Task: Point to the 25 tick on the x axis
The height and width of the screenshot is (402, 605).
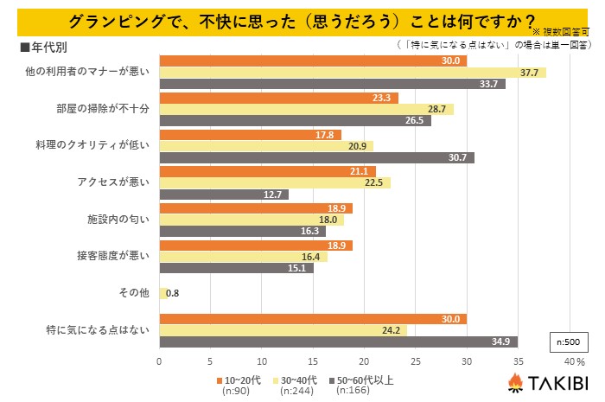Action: point(416,361)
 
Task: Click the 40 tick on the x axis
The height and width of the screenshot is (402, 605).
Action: point(570,361)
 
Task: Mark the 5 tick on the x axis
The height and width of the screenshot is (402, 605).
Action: point(211,361)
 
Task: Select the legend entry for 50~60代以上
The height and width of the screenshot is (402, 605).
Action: point(363,379)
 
